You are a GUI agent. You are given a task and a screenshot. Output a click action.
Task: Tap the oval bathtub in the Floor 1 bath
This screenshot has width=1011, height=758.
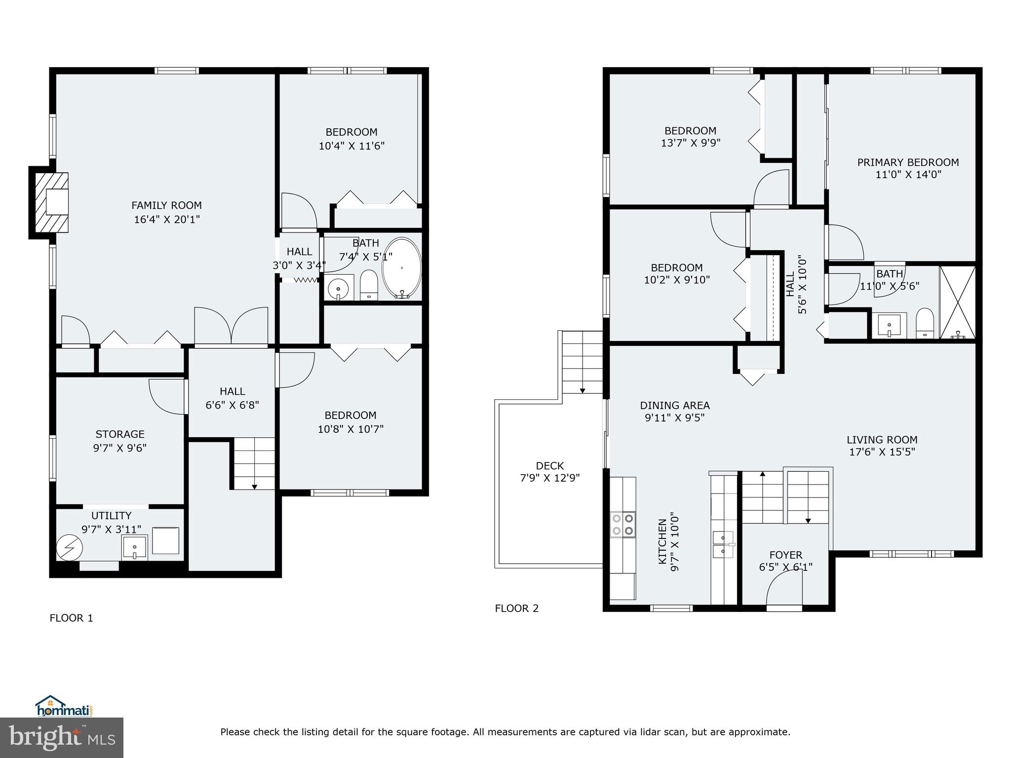402,268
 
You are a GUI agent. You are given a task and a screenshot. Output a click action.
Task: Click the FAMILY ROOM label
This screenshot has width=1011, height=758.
166,205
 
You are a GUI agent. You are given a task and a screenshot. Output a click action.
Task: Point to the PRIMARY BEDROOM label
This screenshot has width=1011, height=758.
908,162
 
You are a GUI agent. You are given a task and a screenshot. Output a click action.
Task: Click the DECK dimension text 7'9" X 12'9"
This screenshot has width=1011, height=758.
549,478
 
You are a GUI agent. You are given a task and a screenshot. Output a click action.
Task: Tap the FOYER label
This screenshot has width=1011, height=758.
785,555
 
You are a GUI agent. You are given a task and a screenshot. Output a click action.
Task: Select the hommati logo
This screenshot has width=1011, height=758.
64,706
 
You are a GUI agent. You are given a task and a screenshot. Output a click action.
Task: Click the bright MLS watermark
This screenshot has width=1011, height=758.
61,737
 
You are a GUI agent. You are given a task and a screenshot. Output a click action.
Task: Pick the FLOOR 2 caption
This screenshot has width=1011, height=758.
516,608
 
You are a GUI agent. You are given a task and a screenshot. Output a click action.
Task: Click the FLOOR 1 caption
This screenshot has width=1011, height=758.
71,618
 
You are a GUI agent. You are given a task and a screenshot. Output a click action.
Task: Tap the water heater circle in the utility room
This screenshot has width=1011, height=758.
69,548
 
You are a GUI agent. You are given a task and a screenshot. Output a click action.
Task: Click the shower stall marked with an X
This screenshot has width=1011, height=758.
957,302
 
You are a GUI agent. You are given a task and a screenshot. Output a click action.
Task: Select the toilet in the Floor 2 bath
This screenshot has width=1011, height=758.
924,323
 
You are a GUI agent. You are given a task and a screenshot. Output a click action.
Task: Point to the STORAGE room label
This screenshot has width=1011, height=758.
120,434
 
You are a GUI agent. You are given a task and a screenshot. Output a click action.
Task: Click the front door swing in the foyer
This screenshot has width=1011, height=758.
784,590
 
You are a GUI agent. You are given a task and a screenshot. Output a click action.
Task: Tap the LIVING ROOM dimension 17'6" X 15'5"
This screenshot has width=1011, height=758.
882,452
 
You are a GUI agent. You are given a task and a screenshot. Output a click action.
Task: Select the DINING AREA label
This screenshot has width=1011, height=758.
674,405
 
